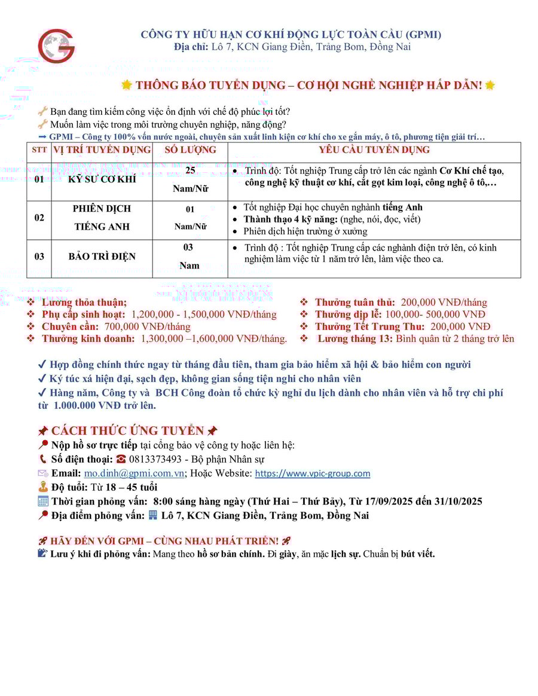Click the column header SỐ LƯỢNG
click(189, 150)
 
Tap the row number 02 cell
click(39, 218)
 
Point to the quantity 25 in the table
click(190, 170)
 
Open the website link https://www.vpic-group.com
click(313, 473)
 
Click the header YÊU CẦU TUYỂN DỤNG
click(374, 150)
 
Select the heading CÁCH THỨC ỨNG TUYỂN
click(128, 431)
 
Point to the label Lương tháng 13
click(354, 339)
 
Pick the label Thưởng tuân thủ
click(355, 302)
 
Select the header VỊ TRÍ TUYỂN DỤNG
click(102, 150)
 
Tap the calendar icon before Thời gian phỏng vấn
click(43, 501)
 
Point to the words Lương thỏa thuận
click(84, 302)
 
